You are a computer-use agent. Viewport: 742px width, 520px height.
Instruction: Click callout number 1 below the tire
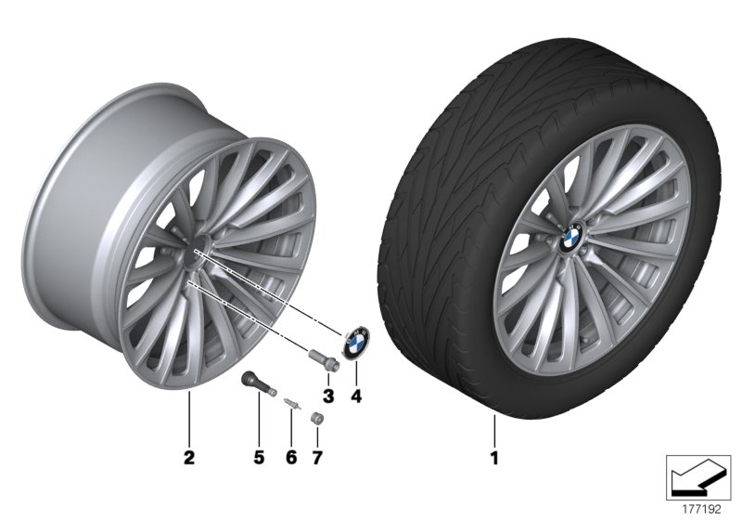(494, 458)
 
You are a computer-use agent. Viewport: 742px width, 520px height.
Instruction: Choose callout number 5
(260, 458)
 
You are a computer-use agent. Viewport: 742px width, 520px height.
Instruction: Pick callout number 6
(289, 458)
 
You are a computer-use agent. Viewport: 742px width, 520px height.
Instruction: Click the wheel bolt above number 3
(320, 358)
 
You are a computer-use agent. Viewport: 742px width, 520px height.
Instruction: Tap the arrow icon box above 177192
(699, 475)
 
